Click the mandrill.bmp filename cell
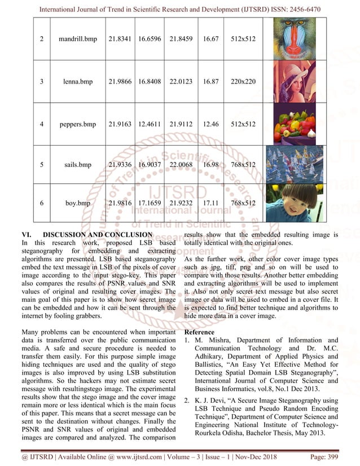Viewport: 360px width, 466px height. [x=78, y=39]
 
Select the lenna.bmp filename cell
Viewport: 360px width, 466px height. [x=78, y=82]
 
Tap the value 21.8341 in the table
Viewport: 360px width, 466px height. [x=120, y=39]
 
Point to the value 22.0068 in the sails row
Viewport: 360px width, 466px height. [x=181, y=165]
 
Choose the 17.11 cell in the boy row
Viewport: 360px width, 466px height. [x=209, y=203]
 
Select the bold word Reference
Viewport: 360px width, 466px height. [x=200, y=332]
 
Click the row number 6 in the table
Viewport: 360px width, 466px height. [x=41, y=203]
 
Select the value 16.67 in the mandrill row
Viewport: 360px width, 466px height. [x=209, y=39]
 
